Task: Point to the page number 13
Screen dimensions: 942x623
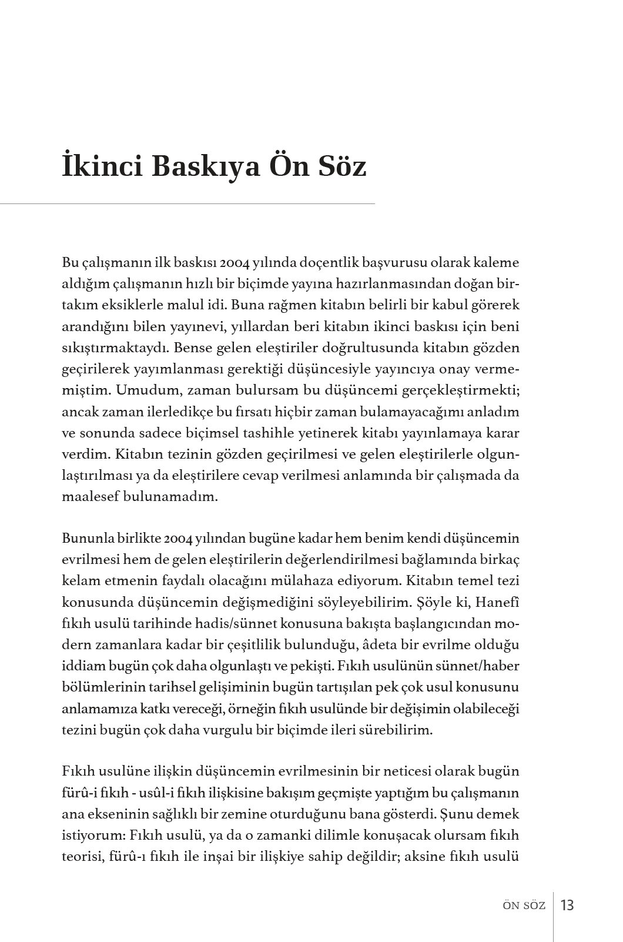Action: (x=567, y=904)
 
